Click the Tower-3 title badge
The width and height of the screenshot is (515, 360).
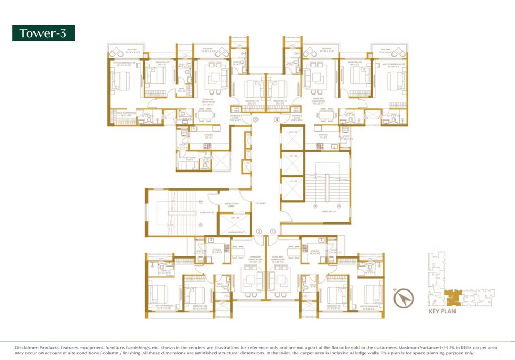[x=44, y=33]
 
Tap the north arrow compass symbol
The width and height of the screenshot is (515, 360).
[x=404, y=299]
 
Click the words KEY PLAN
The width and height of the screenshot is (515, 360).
[x=442, y=311]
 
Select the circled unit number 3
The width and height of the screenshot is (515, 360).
[x=255, y=120]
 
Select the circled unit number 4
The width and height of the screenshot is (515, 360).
[x=276, y=120]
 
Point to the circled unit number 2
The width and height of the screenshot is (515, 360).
[x=259, y=231]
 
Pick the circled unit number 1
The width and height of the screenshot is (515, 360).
[x=273, y=231]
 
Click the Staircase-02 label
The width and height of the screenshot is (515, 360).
[x=192, y=212]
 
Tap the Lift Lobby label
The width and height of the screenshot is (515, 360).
[x=260, y=203]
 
